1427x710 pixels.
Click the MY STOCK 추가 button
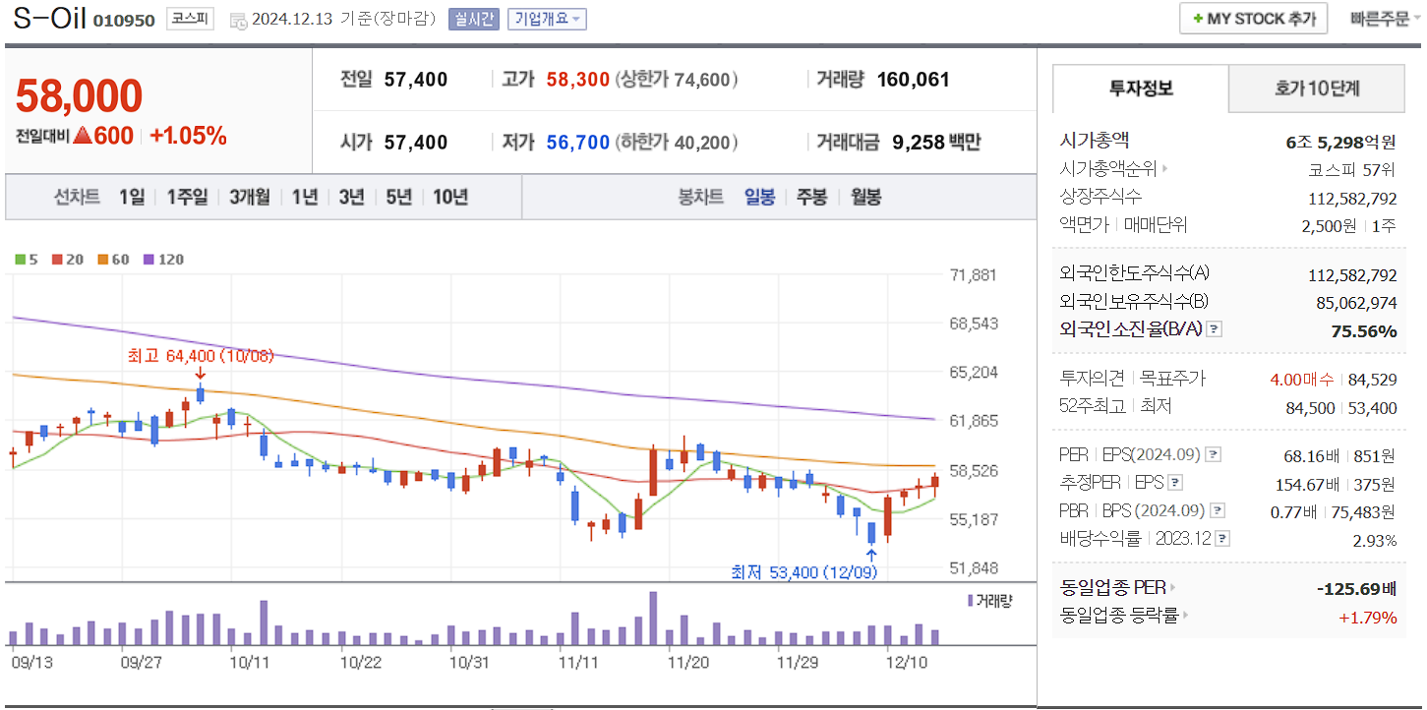pyautogui.click(x=1253, y=19)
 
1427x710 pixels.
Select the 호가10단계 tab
pyautogui.click(x=1317, y=89)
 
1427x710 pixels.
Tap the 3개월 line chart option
pyautogui.click(x=250, y=197)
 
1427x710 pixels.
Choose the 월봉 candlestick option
pyautogui.click(x=866, y=197)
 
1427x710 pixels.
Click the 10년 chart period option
pyautogui.click(x=450, y=197)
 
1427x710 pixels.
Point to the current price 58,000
pyautogui.click(x=80, y=96)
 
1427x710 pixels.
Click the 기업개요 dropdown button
pyautogui.click(x=547, y=19)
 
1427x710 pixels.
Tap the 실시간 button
pyautogui.click(x=473, y=19)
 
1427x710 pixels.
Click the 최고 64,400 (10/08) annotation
pyautogui.click(x=201, y=355)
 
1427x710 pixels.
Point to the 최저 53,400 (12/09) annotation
pyautogui.click(x=803, y=571)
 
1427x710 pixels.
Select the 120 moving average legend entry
pyautogui.click(x=164, y=260)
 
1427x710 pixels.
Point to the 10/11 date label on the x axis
pyautogui.click(x=250, y=662)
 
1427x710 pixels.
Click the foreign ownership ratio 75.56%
pyautogui.click(x=1363, y=330)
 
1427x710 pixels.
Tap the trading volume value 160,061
pyautogui.click(x=913, y=80)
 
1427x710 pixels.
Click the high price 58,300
pyautogui.click(x=578, y=80)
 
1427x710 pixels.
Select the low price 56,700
pyautogui.click(x=578, y=143)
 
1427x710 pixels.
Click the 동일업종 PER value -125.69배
pyautogui.click(x=1356, y=589)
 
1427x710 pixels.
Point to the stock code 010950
pyautogui.click(x=124, y=21)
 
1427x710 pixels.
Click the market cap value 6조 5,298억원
pyautogui.click(x=1340, y=142)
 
